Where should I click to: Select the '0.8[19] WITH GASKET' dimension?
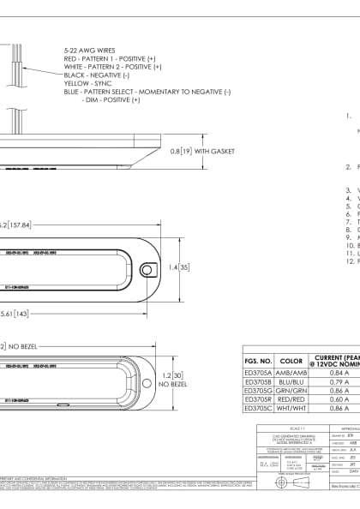pos(202,151)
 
